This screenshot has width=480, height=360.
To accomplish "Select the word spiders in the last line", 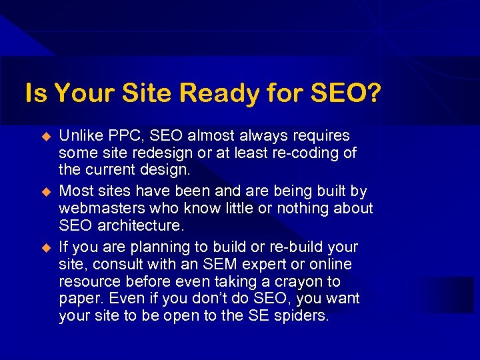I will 301,316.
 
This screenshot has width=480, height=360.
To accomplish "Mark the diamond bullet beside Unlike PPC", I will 47,137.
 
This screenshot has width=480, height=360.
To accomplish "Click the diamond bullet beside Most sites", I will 47,192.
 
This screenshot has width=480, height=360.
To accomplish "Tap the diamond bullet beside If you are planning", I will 47,248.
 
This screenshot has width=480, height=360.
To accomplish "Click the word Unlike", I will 79,136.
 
